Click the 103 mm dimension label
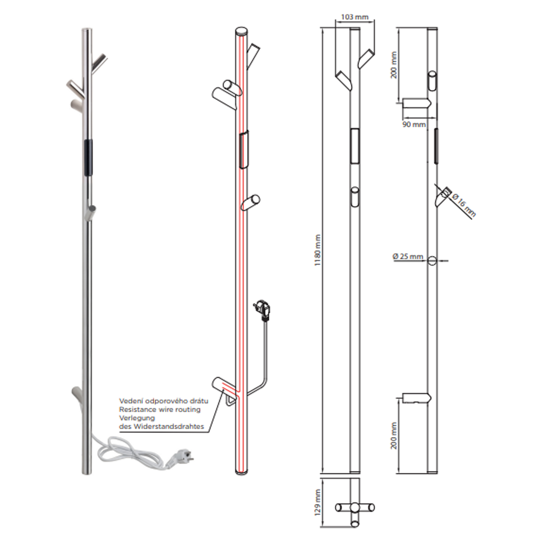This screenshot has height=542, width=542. (354, 17)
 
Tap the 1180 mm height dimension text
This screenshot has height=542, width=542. (318, 250)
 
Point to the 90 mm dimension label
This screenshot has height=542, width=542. (414, 124)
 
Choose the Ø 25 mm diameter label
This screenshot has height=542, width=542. (408, 256)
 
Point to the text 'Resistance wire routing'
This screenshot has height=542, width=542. (160, 409)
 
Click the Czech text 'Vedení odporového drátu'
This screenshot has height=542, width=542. (164, 401)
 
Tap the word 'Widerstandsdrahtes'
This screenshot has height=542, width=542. (169, 427)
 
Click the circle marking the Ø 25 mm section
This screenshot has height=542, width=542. (432, 261)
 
